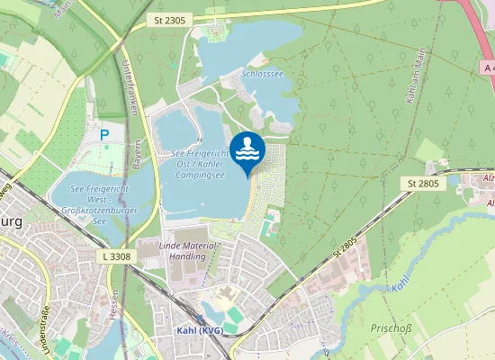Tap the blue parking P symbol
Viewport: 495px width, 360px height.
click(104, 135)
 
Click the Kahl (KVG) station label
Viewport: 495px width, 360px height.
click(199, 331)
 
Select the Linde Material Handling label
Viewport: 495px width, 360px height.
click(182, 251)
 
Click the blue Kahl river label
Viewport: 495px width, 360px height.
click(400, 287)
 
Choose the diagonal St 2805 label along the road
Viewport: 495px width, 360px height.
click(345, 246)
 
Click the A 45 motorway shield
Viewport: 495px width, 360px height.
click(487, 67)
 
